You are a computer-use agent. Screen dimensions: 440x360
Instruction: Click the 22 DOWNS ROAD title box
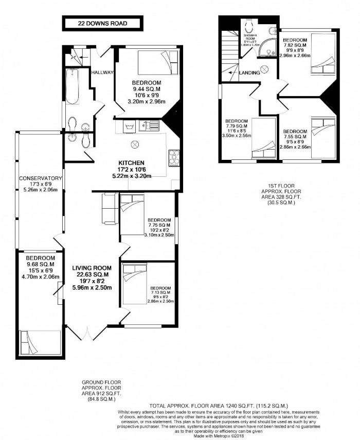click(102, 23)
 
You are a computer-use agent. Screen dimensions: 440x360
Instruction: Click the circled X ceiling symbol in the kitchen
click(136, 144)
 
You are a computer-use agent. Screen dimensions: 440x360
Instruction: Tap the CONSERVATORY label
click(40, 178)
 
